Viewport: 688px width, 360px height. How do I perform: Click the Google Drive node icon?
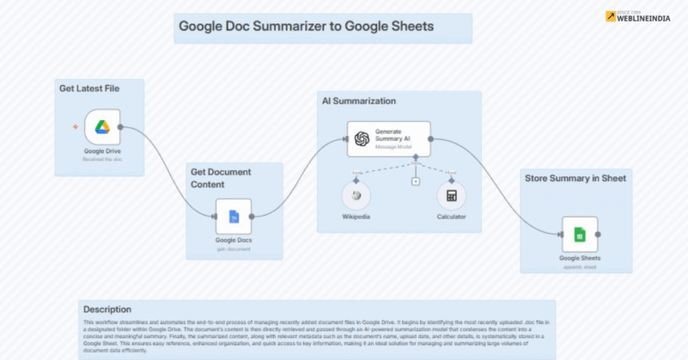[x=102, y=127]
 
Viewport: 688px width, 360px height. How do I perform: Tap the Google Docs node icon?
[x=234, y=217]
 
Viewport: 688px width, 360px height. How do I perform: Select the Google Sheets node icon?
[x=580, y=235]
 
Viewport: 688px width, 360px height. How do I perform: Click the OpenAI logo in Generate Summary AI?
[x=362, y=139]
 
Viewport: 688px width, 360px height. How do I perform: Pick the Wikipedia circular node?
[x=357, y=196]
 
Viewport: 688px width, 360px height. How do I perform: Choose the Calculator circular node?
[x=451, y=196]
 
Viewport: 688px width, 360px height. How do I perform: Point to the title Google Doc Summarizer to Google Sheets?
[x=306, y=27]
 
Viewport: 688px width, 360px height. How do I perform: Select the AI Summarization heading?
[x=358, y=101]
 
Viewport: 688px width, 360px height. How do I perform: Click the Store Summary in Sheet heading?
[x=574, y=178]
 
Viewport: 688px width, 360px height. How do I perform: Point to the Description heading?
[x=107, y=310]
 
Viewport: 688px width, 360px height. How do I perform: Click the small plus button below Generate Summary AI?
[x=416, y=182]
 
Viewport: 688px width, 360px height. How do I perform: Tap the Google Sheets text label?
[x=580, y=257]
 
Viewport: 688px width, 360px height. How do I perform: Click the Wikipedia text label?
[x=357, y=216]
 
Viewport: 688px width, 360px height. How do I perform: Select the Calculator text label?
[x=451, y=216]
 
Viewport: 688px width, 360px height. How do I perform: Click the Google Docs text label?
[x=234, y=240]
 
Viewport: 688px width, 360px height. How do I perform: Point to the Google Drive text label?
[x=102, y=150]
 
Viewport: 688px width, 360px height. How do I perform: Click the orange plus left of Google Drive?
[x=75, y=127]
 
